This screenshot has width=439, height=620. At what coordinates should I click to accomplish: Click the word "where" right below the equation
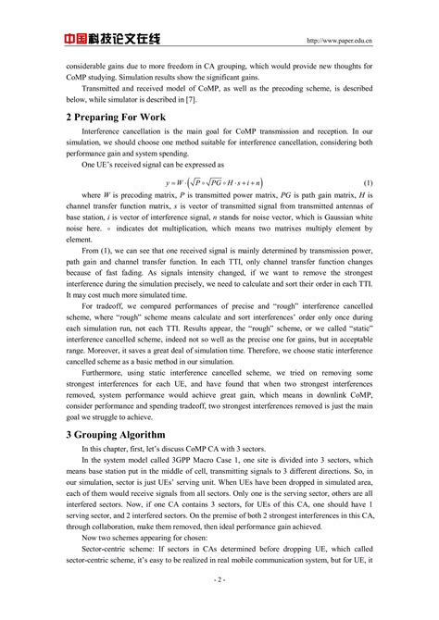[91, 196]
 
